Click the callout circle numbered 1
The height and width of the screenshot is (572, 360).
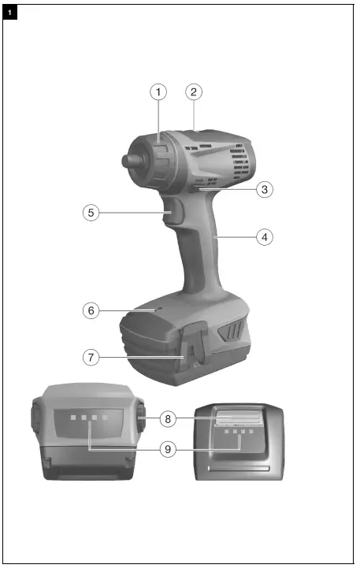[159, 92]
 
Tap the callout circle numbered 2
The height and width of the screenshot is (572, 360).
[194, 92]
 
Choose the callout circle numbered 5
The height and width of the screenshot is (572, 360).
[92, 213]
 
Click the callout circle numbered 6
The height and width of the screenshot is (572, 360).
[92, 310]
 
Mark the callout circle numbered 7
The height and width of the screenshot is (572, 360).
[92, 357]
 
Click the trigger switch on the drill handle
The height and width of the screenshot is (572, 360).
[175, 214]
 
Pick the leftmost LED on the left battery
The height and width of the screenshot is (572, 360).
[71, 419]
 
